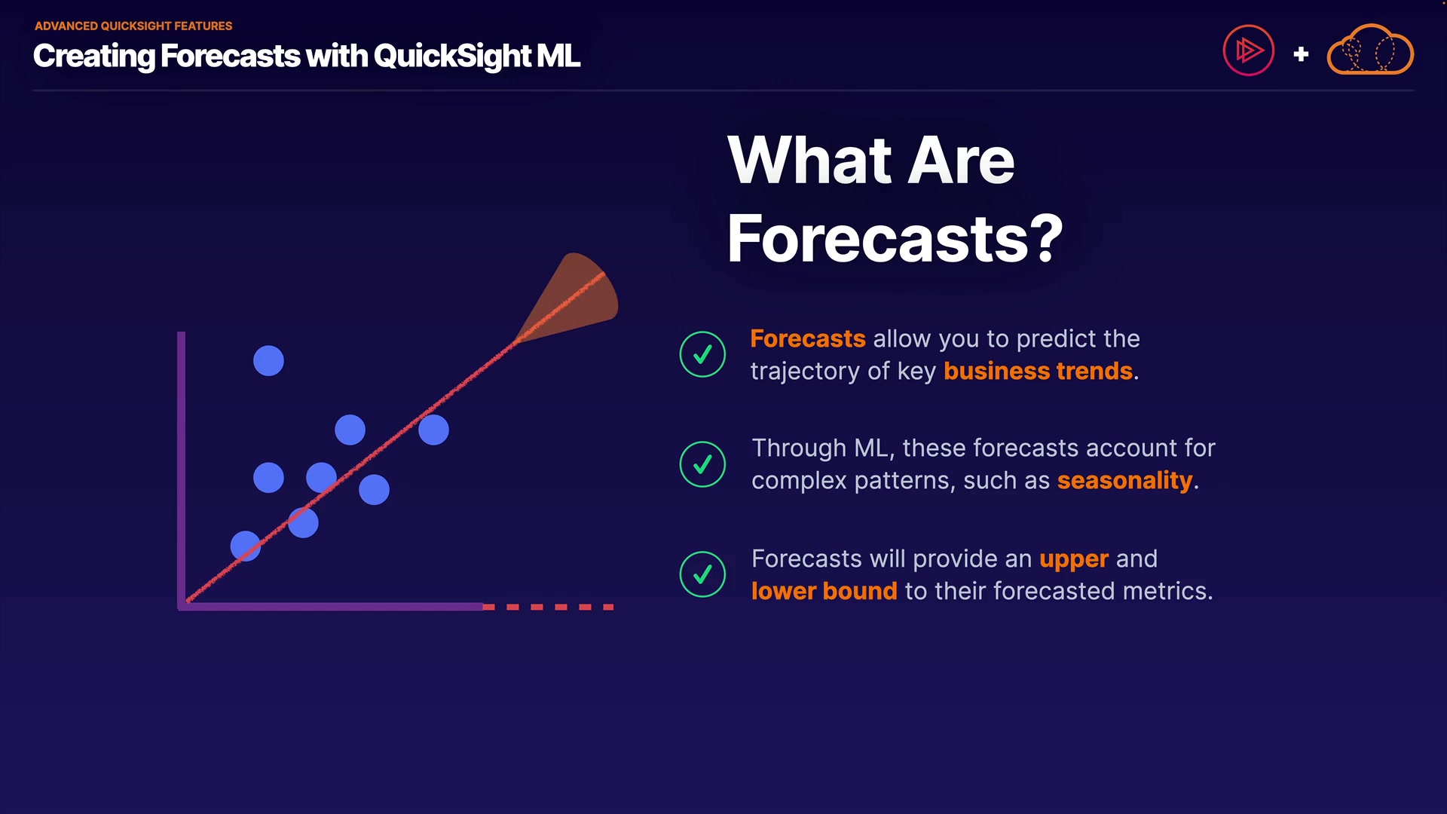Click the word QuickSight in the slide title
click(x=452, y=57)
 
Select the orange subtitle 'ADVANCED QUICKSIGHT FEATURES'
click(x=133, y=26)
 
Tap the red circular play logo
click(x=1248, y=50)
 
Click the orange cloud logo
click(x=1370, y=50)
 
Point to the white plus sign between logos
click(x=1301, y=54)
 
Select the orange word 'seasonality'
click(x=1124, y=481)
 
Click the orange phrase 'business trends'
click(x=1038, y=371)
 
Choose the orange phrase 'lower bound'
click(x=824, y=591)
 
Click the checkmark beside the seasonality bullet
click(x=702, y=464)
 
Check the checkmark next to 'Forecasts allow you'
click(x=702, y=354)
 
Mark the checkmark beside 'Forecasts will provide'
click(x=702, y=574)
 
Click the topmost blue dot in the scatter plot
click(x=268, y=361)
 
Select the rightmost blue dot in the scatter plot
click(x=433, y=430)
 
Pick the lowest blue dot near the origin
click(x=246, y=546)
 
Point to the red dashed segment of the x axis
click(x=548, y=607)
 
